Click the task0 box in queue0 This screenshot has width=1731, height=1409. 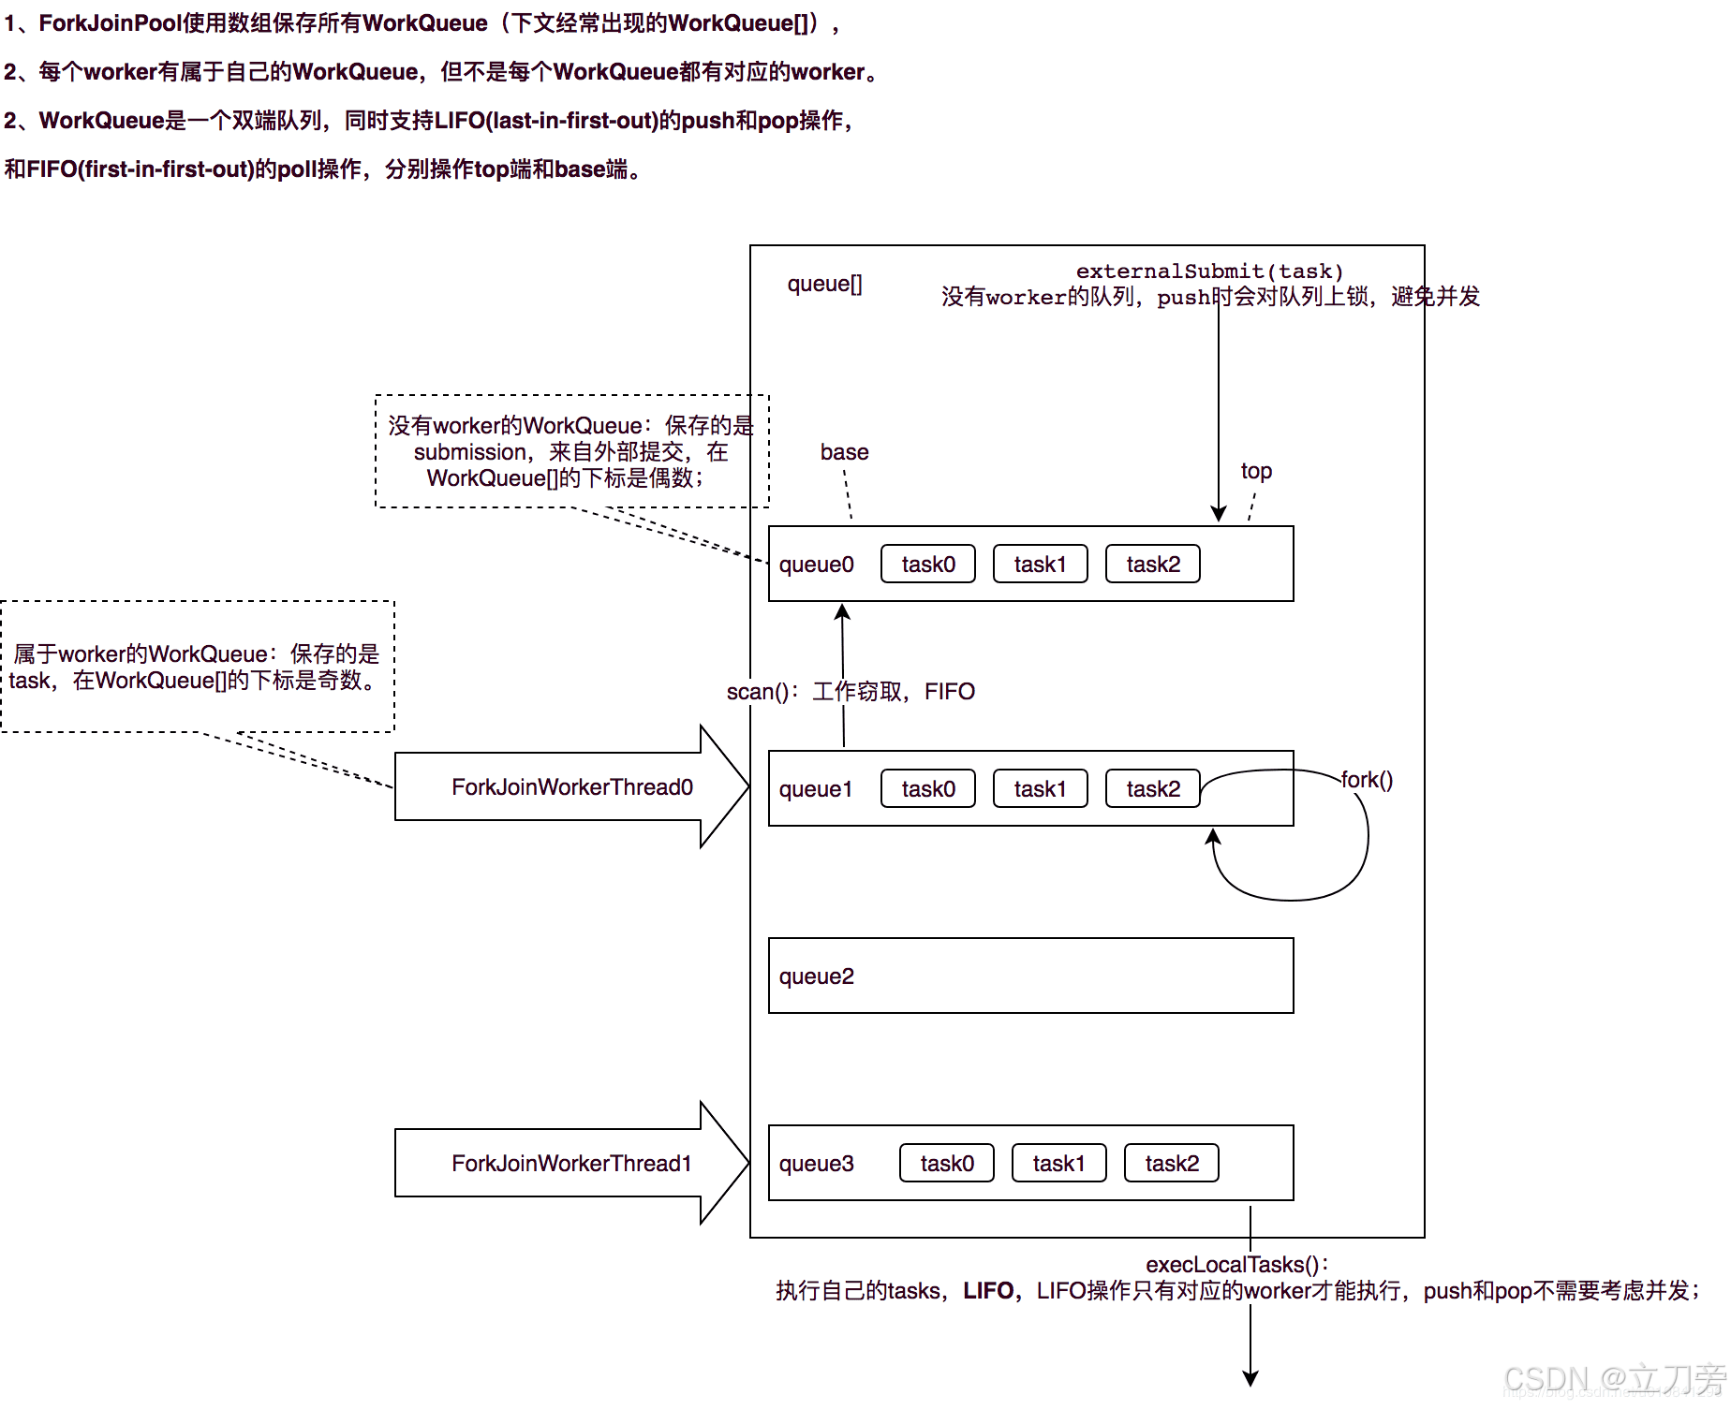coord(927,564)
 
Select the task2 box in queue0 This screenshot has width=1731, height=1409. coord(1152,564)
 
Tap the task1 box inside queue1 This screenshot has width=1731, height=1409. coord(1040,788)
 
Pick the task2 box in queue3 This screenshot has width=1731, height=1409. coord(1171,1163)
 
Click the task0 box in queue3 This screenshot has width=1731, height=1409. coord(946,1163)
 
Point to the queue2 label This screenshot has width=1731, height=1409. coord(816,976)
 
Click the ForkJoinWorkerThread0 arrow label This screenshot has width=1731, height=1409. coord(571,786)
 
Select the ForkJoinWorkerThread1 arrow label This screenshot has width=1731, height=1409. coord(571,1163)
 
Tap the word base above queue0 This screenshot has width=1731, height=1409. coord(844,452)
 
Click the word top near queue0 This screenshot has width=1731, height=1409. coord(1256,471)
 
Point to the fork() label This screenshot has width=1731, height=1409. coord(1367,780)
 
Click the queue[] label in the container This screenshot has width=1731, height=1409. coord(824,284)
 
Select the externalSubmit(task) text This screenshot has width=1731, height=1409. coord(1209,272)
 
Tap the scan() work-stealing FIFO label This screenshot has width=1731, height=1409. coord(851,692)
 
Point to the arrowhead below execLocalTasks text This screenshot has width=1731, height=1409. coord(1250,1378)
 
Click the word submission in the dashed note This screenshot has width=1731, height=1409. coord(470,452)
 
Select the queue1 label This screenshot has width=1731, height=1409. coord(816,789)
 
